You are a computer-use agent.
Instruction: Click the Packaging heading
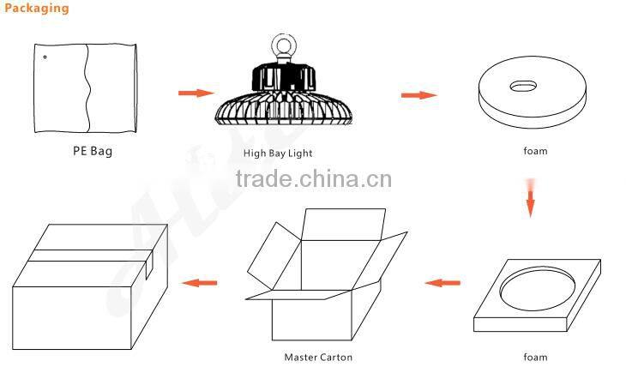tap(37, 8)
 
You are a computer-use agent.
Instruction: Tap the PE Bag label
tap(93, 151)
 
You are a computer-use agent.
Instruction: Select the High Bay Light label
tap(278, 153)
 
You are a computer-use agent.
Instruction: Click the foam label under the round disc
tap(535, 151)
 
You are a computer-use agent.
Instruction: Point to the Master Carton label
tap(318, 357)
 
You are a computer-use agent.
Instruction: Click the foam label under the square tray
tap(535, 357)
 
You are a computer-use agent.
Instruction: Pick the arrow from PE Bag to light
tap(196, 93)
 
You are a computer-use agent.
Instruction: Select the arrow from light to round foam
tap(418, 95)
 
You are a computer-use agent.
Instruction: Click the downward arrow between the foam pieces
tap(531, 198)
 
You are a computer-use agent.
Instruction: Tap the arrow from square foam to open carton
tap(442, 283)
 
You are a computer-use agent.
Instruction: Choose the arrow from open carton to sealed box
tap(199, 283)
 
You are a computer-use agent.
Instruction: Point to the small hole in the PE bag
tap(45, 57)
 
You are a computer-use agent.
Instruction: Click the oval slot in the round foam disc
tap(522, 86)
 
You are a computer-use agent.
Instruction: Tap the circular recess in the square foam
tap(537, 288)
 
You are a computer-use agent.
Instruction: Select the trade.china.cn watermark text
tap(314, 178)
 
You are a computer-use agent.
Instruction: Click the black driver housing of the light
tap(284, 76)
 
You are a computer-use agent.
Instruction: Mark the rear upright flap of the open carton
tap(343, 225)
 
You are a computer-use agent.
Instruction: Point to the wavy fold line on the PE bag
tap(87, 87)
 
